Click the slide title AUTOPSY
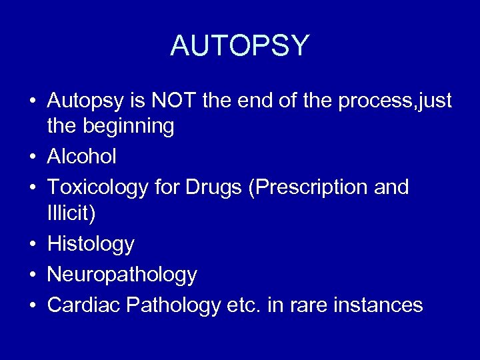240,45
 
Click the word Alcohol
82,157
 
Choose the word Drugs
209,187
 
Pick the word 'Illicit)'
72,213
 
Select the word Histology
91,244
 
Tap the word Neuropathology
122,275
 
